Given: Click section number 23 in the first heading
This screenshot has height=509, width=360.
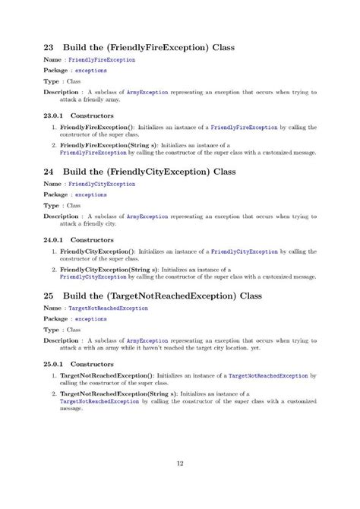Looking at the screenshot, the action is pos(49,47).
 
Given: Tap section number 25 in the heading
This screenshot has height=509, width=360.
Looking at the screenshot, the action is pos(49,295).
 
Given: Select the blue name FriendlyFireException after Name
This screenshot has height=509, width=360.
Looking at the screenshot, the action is pos(102,59).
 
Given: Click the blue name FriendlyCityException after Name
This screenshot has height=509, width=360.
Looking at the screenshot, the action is pos(102,183).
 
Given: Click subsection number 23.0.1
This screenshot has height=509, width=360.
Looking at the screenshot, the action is pos(55,115).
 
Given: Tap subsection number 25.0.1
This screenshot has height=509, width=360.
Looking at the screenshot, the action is pos(55,363).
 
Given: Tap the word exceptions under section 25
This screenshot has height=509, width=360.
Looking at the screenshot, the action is pos(91,319).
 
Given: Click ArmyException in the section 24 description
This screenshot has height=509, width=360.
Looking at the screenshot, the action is pos(144,216).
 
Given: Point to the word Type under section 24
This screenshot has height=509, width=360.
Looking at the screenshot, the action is pos(52,205).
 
